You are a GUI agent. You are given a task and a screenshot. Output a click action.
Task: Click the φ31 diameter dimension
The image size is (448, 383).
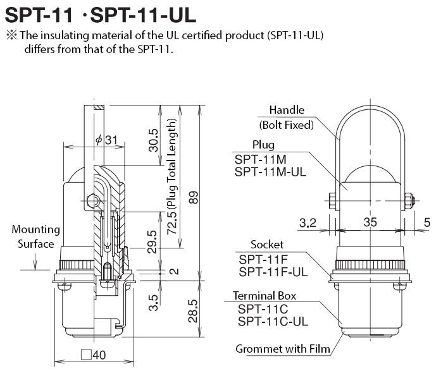coord(106,140)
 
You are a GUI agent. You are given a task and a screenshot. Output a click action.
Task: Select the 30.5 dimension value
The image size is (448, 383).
coord(152,140)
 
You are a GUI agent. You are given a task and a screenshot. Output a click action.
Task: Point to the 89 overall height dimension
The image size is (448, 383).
coord(194,197)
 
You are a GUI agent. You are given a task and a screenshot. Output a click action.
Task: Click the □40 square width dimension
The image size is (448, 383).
coord(93,355)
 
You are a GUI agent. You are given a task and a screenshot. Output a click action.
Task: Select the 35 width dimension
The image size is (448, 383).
coord(370,222)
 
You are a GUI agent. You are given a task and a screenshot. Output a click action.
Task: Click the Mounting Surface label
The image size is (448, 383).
coord(35,236)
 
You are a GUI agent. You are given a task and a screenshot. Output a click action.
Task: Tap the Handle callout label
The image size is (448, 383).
coord(287,110)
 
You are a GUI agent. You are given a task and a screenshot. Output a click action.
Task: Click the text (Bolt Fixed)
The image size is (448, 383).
coord(286,125)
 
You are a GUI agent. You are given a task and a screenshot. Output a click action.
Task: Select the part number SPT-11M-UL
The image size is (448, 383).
coord(270,171)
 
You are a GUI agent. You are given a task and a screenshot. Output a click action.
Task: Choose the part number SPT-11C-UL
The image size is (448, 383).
coord(273,322)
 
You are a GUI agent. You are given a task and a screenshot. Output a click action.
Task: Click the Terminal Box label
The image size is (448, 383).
coord(264,295)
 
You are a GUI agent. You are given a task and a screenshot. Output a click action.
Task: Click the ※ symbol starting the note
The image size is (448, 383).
coord(10,35)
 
